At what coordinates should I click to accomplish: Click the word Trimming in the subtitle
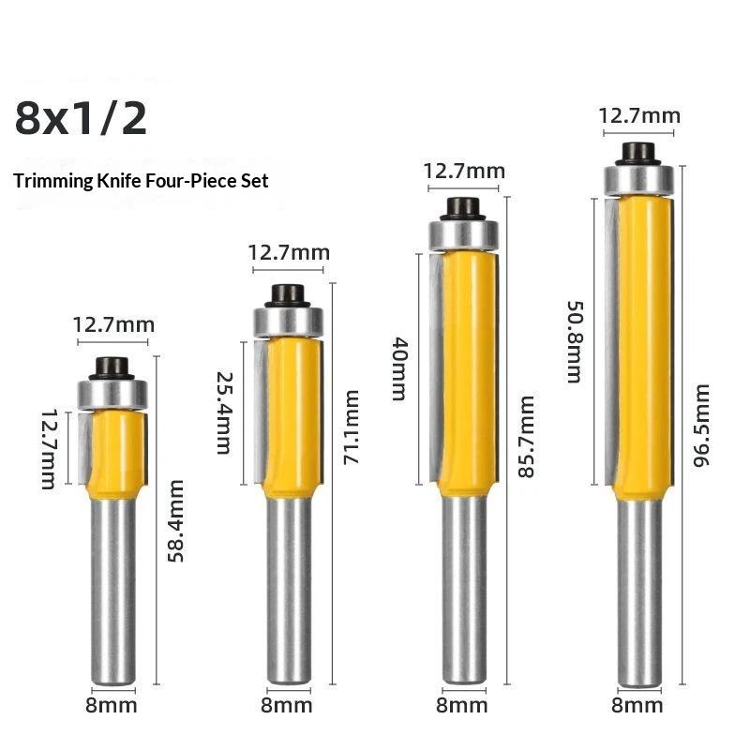click(53, 181)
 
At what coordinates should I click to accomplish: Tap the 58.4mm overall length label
click(176, 521)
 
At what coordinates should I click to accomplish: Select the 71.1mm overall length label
click(351, 427)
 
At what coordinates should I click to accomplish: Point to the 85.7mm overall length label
click(526, 436)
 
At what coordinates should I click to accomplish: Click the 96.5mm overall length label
click(701, 425)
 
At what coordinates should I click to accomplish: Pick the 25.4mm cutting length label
click(224, 412)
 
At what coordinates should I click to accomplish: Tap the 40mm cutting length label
click(400, 368)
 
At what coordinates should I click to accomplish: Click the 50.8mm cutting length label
click(575, 342)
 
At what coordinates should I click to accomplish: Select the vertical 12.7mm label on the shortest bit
click(50, 449)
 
